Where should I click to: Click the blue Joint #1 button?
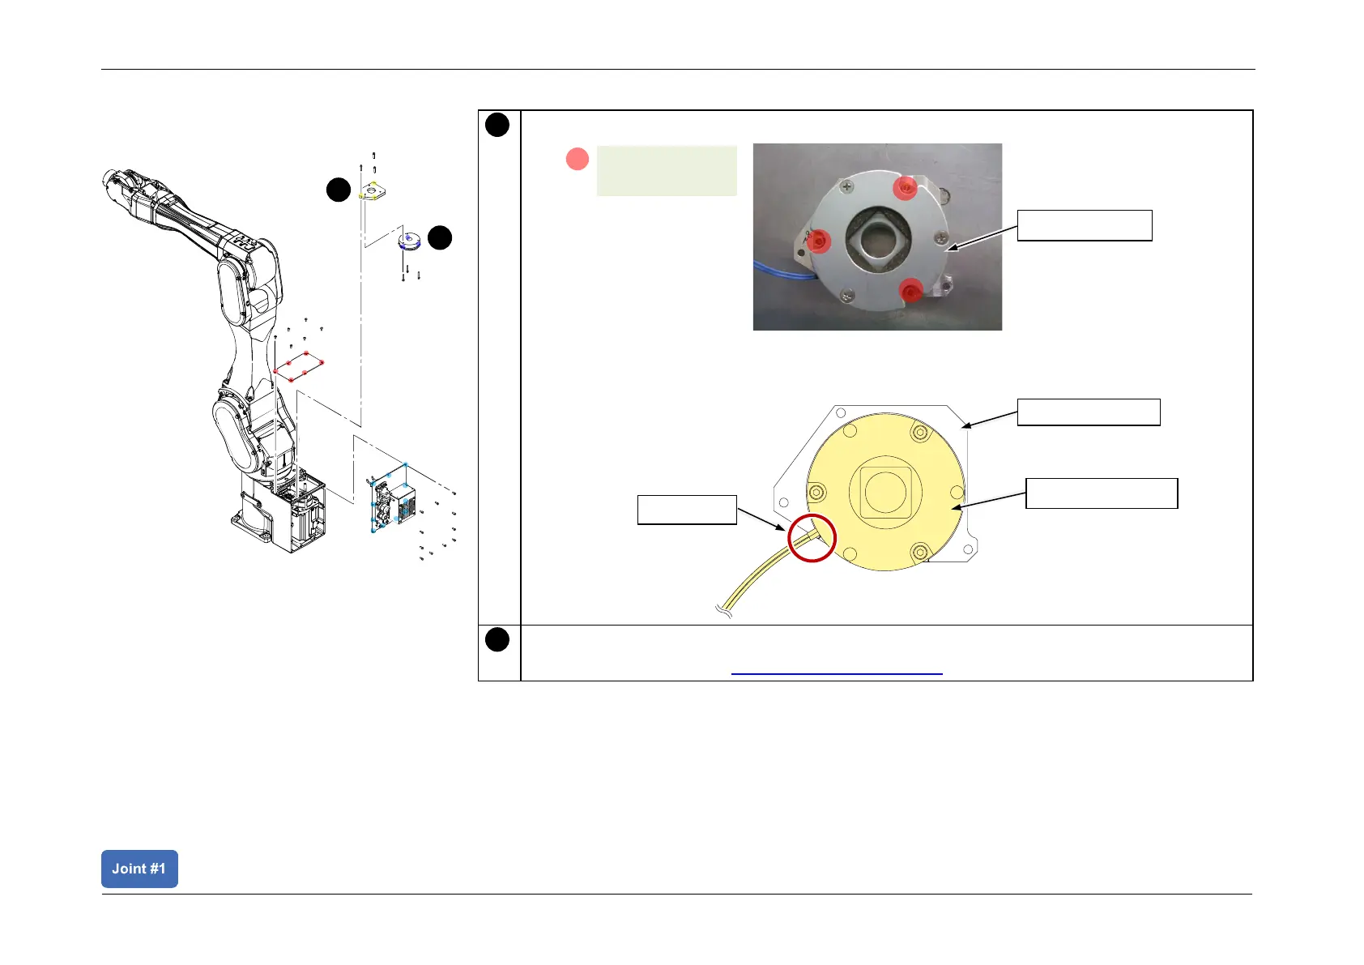pos(139,869)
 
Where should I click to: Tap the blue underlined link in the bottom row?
pos(837,673)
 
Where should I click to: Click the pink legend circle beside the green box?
pos(578,159)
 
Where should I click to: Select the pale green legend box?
pos(667,171)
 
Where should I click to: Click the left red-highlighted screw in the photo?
pos(820,241)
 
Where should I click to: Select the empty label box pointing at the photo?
pos(1085,225)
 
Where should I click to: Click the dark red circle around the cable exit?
pos(811,538)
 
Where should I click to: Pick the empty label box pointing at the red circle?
pos(687,510)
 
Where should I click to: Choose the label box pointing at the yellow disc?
pos(1102,493)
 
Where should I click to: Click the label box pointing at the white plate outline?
pos(1089,412)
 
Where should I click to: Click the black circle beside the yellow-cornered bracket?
pos(339,190)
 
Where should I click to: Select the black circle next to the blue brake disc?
pos(440,238)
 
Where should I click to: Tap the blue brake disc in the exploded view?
pos(410,241)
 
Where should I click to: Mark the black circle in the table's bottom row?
pos(497,640)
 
